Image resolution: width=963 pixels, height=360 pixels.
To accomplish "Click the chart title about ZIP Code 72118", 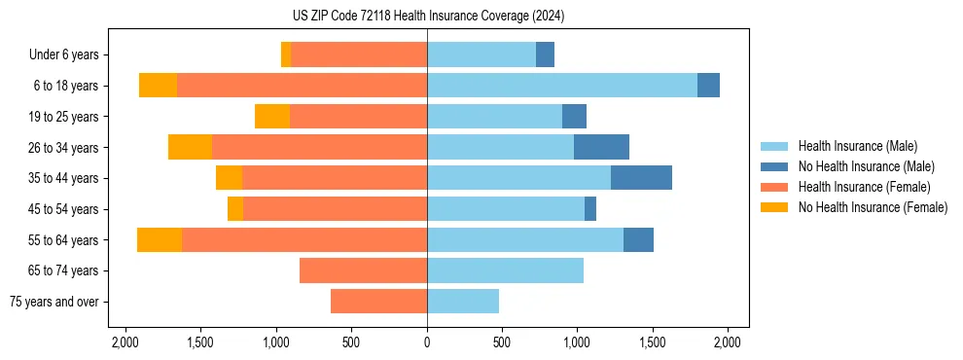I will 427,16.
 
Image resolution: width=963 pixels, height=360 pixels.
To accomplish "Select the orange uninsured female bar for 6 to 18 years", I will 158,86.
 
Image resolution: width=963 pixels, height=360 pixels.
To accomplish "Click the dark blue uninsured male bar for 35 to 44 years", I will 641,178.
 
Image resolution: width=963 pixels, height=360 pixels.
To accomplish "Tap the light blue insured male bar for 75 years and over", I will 463,302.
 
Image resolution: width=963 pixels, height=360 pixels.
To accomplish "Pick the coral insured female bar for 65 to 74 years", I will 363,270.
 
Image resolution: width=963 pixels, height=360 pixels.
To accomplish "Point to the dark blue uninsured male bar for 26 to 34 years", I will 601,147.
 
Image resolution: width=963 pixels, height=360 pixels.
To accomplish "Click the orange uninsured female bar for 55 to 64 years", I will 160,239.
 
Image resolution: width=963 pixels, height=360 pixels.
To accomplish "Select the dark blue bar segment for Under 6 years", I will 545,54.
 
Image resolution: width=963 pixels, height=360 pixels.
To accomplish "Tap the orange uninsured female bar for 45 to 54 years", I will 235,209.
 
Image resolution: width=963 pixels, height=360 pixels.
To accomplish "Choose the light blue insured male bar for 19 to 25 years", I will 494,117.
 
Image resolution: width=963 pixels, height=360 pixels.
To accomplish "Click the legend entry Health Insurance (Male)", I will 857,146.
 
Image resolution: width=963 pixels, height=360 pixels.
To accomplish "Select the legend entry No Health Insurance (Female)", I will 873,207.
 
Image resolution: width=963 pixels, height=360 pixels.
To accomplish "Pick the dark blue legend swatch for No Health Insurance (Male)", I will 774,166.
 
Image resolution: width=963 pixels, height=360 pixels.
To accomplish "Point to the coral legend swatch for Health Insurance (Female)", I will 774,187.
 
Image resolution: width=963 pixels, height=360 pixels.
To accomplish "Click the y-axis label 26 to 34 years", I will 63,147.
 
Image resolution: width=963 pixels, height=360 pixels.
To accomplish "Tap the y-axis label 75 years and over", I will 54,302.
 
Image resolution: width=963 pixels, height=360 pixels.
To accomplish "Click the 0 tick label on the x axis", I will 427,342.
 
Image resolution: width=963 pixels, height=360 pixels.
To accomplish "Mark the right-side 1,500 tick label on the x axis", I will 653,342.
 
